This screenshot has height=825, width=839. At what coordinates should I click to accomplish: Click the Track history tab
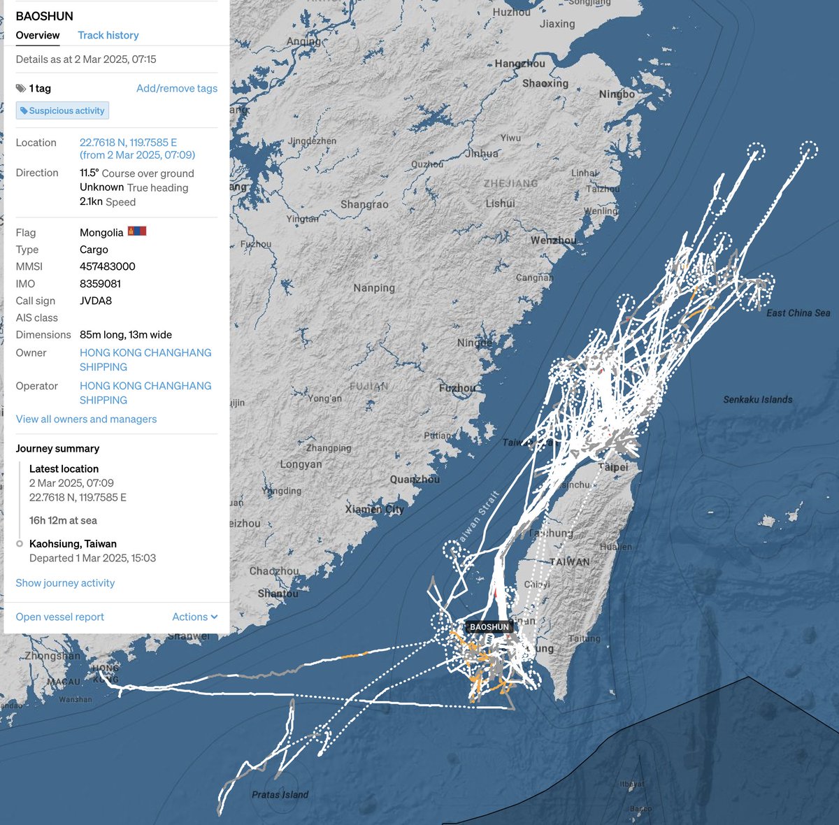point(108,35)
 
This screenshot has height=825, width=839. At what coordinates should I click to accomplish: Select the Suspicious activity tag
point(63,110)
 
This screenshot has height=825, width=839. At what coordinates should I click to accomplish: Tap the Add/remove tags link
point(176,88)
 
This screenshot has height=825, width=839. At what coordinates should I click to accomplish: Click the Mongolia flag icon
point(136,231)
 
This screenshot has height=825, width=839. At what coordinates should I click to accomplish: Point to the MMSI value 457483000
point(108,266)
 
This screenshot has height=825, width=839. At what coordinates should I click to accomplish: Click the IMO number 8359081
point(101,284)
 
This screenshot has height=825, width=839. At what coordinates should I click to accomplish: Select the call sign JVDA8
point(96,301)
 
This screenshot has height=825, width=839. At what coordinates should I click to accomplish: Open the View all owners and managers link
point(86,419)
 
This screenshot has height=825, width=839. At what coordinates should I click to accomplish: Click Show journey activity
point(65,582)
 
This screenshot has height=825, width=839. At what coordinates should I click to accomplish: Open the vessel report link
point(60,617)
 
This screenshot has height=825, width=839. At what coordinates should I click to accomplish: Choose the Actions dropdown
point(194,617)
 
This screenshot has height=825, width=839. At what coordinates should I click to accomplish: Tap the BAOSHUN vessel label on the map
point(489,627)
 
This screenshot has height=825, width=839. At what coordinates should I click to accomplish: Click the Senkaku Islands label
point(757,400)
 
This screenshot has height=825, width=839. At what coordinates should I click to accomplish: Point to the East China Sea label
point(798,313)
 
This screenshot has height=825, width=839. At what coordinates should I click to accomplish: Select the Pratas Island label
point(280,794)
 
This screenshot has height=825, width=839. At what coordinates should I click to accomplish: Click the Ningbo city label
point(617,94)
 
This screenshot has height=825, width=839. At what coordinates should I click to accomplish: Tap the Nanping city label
point(374,288)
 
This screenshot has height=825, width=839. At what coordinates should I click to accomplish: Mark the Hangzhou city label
point(519,64)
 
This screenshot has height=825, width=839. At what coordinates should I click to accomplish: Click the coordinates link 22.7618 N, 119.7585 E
point(128,142)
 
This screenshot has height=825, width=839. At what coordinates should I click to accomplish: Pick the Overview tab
point(38,35)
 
